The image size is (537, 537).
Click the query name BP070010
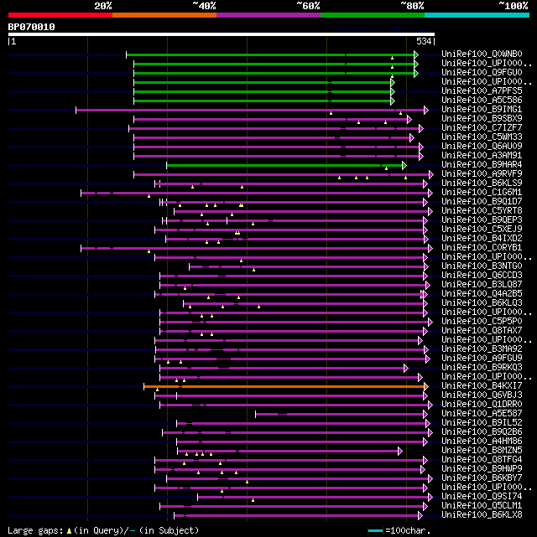click(32, 27)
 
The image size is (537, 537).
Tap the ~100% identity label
click(513, 5)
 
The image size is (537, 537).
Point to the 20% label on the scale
click(103, 5)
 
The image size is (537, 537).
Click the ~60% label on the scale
click(308, 5)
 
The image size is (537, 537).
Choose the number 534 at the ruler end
click(424, 40)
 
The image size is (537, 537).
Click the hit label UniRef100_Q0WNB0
click(482, 54)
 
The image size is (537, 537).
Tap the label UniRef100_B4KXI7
click(482, 386)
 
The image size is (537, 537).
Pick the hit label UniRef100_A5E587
click(482, 414)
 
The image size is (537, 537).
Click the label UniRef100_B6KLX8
click(482, 515)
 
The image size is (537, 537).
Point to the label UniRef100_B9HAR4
click(482, 165)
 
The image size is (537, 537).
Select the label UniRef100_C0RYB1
click(482, 248)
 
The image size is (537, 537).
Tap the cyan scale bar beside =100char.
click(375, 530)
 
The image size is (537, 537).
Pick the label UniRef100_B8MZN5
click(482, 451)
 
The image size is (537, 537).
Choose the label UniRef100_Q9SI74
click(482, 497)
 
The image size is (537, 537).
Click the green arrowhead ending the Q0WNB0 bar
click(415, 54)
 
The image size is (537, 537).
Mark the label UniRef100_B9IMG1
click(482, 110)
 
